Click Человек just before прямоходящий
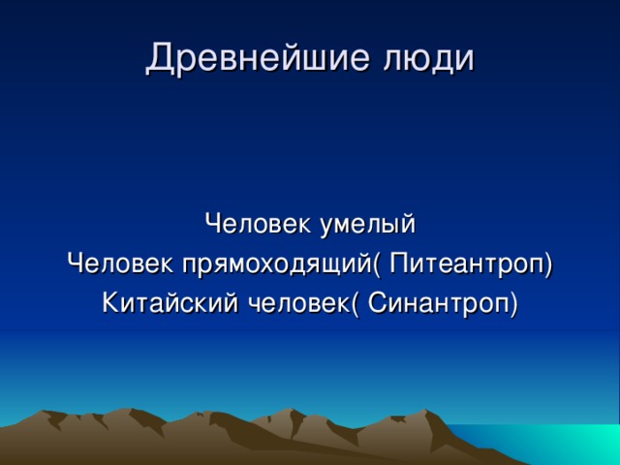click(x=114, y=263)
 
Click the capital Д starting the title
click(x=158, y=58)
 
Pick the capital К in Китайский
click(x=108, y=302)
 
